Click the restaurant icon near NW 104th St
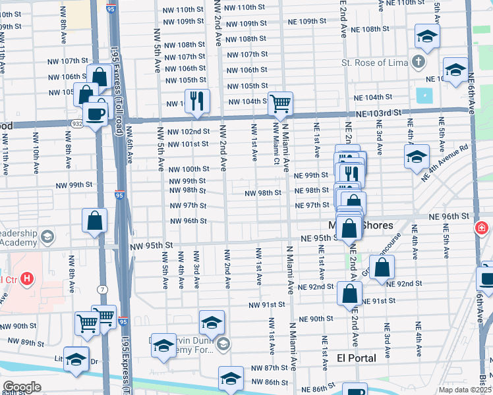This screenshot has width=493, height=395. (x=197, y=101)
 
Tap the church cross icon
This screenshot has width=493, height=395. (x=417, y=63)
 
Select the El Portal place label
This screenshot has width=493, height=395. (x=356, y=358)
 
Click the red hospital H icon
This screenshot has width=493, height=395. (x=26, y=278)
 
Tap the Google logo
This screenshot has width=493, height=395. (x=22, y=387)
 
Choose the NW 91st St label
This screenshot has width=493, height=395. (x=267, y=305)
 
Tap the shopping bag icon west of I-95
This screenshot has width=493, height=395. (x=95, y=222)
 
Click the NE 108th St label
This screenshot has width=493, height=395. (x=375, y=30)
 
